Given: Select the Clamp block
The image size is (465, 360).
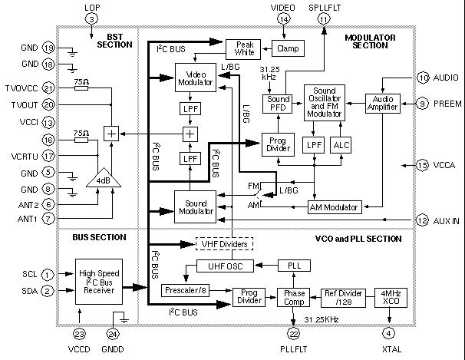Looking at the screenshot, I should [289, 48].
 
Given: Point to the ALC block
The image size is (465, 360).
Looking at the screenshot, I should [340, 144].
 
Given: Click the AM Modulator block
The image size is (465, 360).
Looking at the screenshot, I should [335, 207].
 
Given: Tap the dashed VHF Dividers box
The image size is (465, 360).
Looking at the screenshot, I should [223, 244].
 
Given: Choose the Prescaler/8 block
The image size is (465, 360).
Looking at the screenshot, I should [184, 291].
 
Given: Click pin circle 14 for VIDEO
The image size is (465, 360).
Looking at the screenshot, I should [284, 18].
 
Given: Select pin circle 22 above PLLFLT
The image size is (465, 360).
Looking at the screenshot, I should [292, 332].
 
